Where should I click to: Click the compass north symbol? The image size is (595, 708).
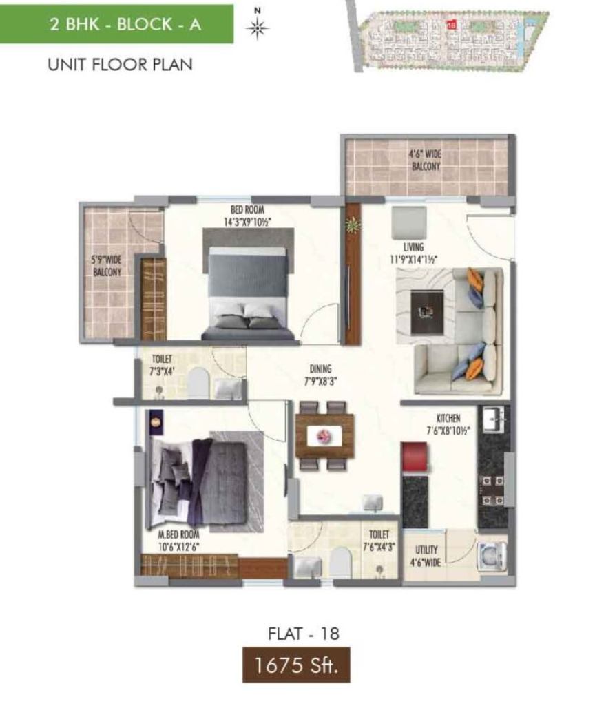pos(258,25)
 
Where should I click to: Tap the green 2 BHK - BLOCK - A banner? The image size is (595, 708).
pos(116,24)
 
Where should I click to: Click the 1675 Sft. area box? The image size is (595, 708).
pos(296,665)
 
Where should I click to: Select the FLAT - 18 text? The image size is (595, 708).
pos(304,634)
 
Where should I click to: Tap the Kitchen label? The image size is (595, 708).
pos(448,424)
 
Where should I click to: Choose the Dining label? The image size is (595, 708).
pos(320,375)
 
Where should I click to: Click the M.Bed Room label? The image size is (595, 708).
pos(179,541)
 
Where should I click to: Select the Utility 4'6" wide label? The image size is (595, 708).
pos(425,556)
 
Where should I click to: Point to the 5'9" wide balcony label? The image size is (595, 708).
pos(107,266)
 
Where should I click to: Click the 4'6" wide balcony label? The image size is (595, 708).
pos(426,160)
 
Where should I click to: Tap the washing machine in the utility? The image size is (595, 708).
pos(492,555)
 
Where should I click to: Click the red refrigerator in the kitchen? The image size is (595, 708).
pos(414,457)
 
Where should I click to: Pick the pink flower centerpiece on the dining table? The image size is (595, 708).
pos(324,436)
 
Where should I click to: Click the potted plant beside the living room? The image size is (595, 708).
pos(353,224)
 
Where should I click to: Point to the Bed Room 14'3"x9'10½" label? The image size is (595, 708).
pos(247,216)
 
